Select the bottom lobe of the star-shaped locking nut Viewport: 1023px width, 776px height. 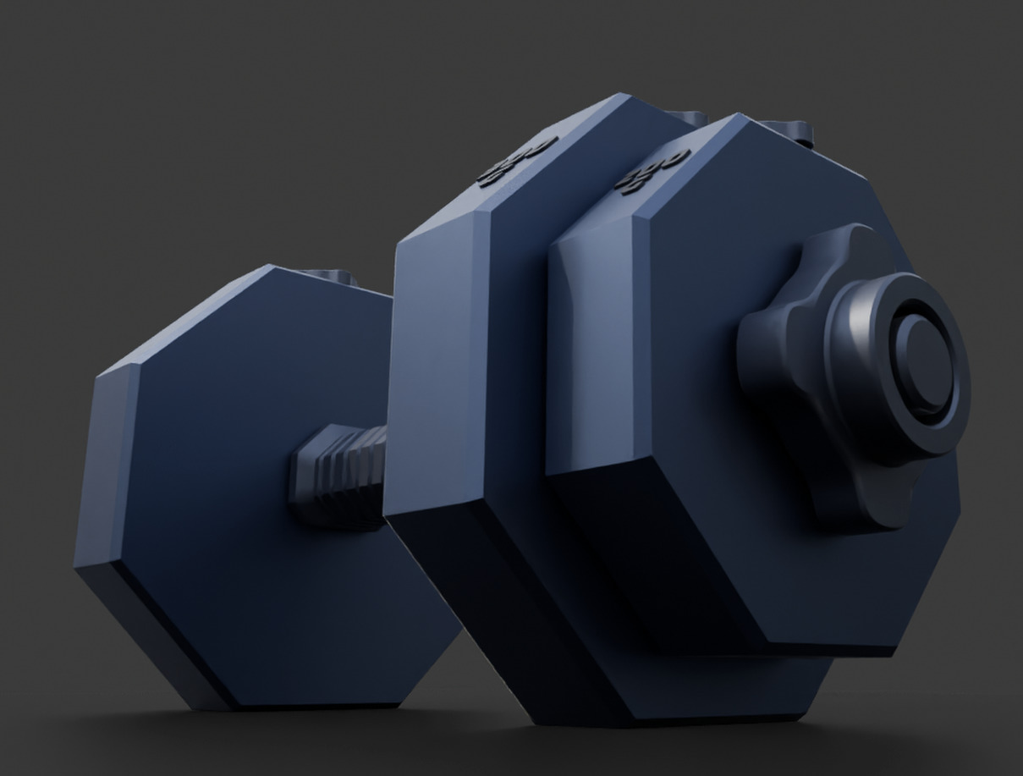(855, 499)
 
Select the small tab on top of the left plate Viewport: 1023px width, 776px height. (330, 276)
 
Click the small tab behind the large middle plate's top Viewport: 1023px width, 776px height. (690, 118)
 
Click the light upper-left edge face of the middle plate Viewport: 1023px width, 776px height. (440, 355)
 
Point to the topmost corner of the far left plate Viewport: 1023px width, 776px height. (271, 267)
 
